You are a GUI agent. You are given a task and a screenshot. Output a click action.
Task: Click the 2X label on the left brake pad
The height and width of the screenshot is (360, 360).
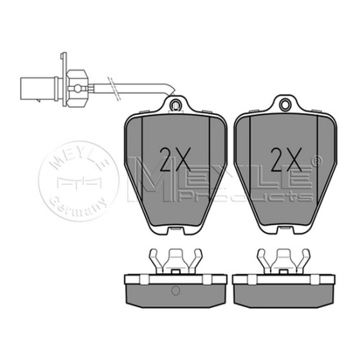click(x=175, y=159)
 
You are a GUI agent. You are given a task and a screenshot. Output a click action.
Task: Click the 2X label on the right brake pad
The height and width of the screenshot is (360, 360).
click(x=286, y=159)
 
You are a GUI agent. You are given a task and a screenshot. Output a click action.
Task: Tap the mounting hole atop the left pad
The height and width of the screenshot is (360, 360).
click(x=175, y=105)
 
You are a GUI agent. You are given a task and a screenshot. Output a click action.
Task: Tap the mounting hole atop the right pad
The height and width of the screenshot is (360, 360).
click(x=285, y=105)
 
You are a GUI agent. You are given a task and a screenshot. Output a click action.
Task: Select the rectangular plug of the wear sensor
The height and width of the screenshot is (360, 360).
click(x=37, y=89)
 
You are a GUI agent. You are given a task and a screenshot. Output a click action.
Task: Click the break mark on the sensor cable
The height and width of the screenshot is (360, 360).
click(x=114, y=88)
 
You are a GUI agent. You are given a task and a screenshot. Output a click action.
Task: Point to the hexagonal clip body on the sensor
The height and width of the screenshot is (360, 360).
click(x=77, y=88)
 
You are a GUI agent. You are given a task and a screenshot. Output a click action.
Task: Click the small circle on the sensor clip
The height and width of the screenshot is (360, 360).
click(x=78, y=88)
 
